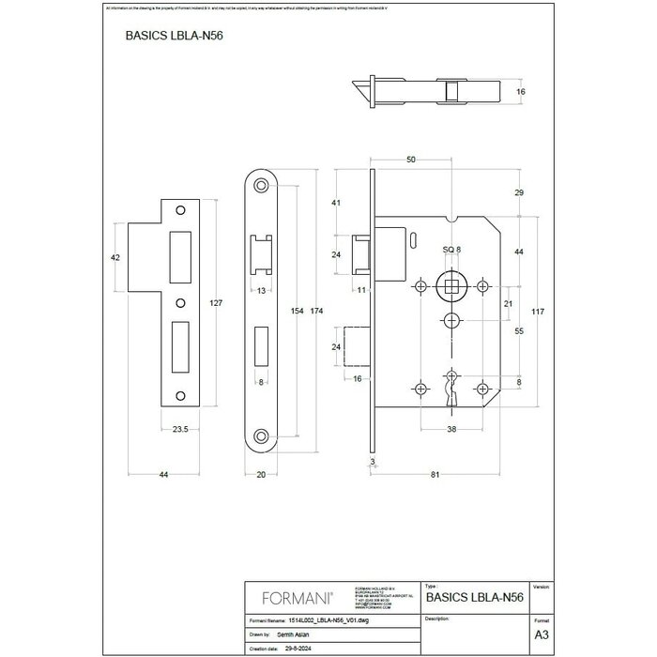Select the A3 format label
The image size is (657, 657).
(x=540, y=634)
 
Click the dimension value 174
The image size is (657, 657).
(x=318, y=310)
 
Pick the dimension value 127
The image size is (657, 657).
(x=215, y=302)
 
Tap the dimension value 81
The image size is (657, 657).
(x=436, y=476)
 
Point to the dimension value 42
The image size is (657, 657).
(x=115, y=256)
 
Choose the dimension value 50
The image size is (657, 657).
(x=411, y=160)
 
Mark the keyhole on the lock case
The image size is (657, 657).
(x=451, y=389)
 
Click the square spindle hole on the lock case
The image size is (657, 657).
(x=452, y=285)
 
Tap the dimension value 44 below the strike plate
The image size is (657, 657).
(x=163, y=476)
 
